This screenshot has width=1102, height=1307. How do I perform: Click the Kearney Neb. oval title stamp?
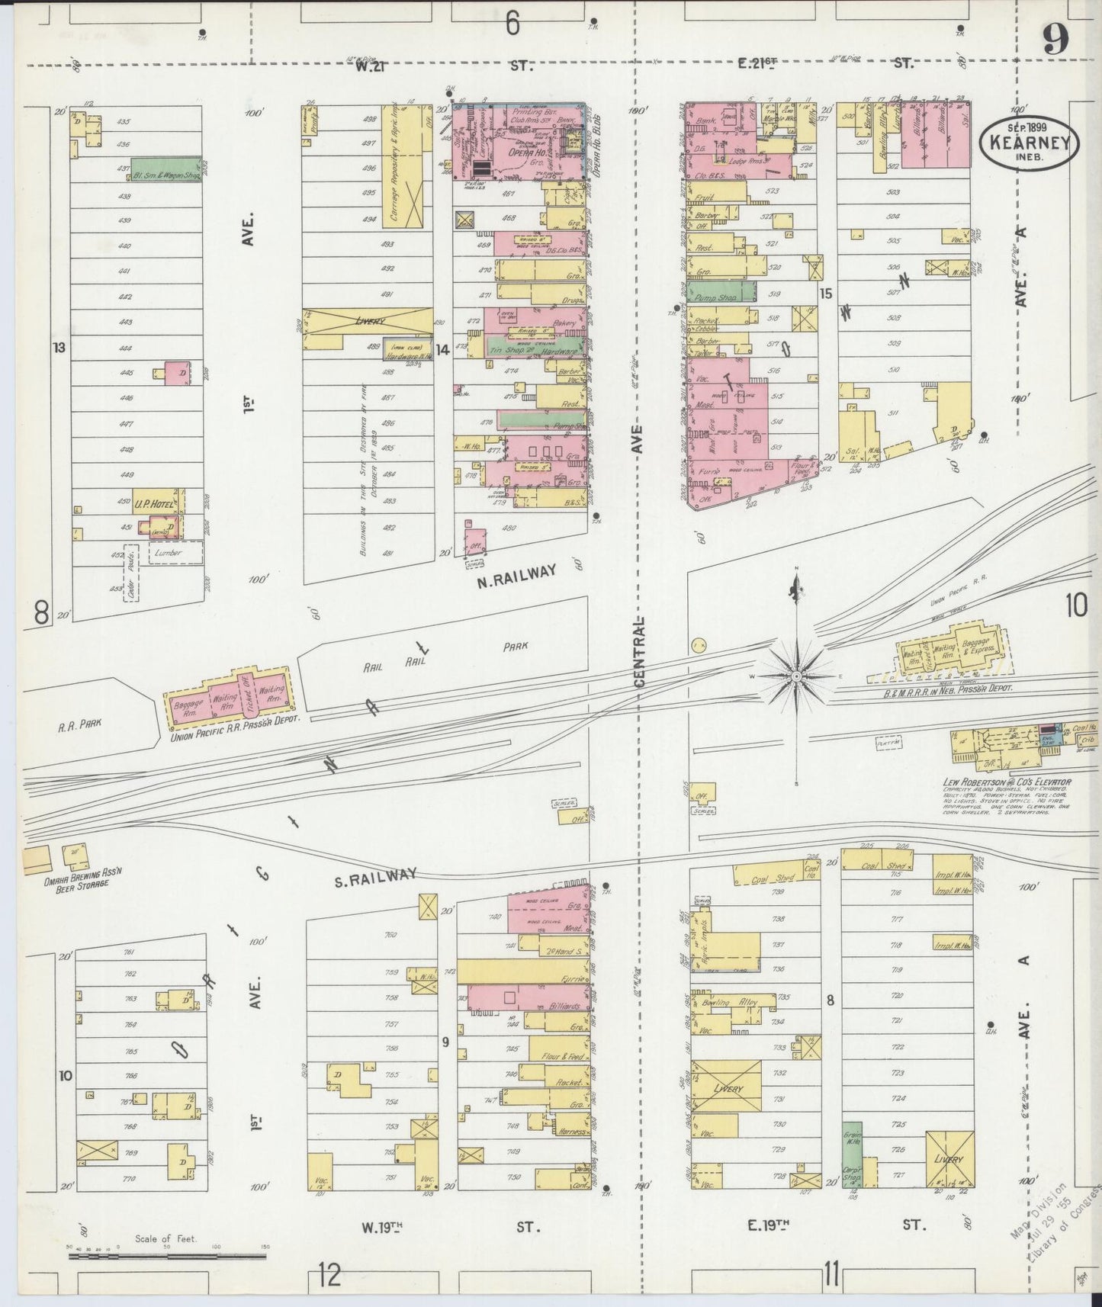pyautogui.click(x=1029, y=142)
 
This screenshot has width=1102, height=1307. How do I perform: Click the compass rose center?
pyautogui.click(x=796, y=676)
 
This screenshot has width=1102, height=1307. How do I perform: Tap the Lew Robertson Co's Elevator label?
pyautogui.click(x=1005, y=782)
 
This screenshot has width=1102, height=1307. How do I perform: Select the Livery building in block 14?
pyautogui.click(x=368, y=323)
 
